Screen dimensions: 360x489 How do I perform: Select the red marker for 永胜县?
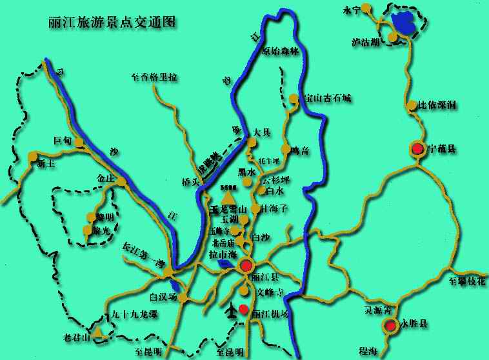(390, 326)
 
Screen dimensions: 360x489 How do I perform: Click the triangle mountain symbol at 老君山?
(97, 332)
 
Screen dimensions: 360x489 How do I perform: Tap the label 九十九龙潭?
(134, 315)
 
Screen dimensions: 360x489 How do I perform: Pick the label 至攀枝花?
(466, 281)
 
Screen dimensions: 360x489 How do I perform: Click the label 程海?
(369, 350)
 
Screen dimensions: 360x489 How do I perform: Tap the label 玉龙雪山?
(228, 209)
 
